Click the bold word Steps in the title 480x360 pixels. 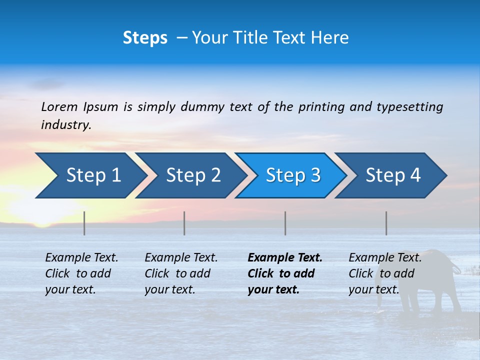(145, 38)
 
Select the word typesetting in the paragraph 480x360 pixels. (409, 107)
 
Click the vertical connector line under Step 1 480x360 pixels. (84, 223)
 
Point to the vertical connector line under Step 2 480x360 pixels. (184, 223)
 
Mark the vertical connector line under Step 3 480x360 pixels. (285, 223)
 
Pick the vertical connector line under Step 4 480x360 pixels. (386, 223)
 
